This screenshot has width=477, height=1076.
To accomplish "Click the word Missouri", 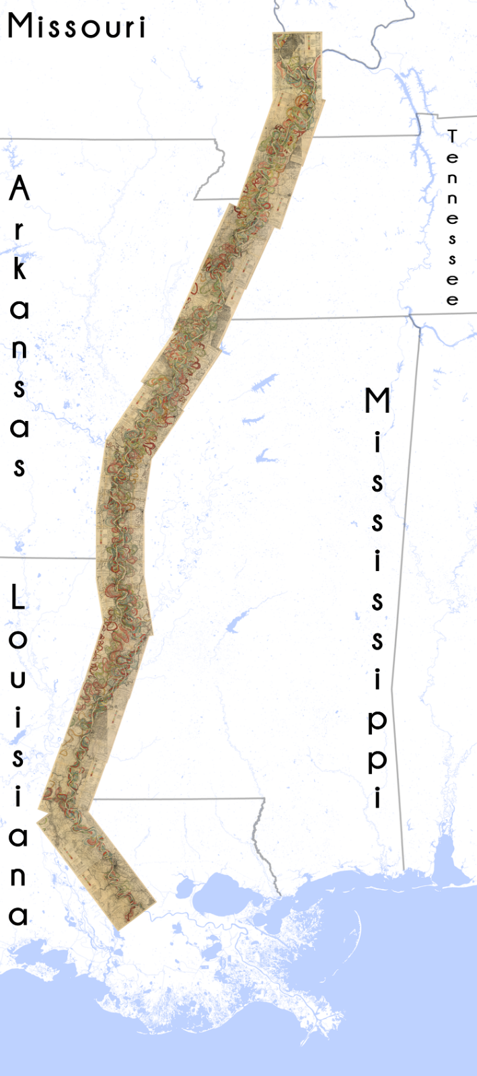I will click(x=76, y=27).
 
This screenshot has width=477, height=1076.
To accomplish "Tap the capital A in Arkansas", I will click(x=20, y=189).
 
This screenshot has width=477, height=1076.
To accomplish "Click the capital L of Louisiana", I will click(x=17, y=597).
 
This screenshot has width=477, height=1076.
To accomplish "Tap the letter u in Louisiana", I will click(x=18, y=679).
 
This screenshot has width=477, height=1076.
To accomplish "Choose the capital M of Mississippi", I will click(x=377, y=401).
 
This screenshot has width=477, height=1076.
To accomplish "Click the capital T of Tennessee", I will click(x=452, y=137).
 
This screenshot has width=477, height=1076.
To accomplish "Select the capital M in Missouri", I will click(x=22, y=26).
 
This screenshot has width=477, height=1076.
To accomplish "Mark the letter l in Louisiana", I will click(x=17, y=597).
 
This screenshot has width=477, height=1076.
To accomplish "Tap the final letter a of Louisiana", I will click(x=18, y=915).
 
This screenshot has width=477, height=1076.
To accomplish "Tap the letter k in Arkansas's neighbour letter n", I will click(x=20, y=349).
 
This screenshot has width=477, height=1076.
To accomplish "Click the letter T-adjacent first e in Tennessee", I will click(x=452, y=159).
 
